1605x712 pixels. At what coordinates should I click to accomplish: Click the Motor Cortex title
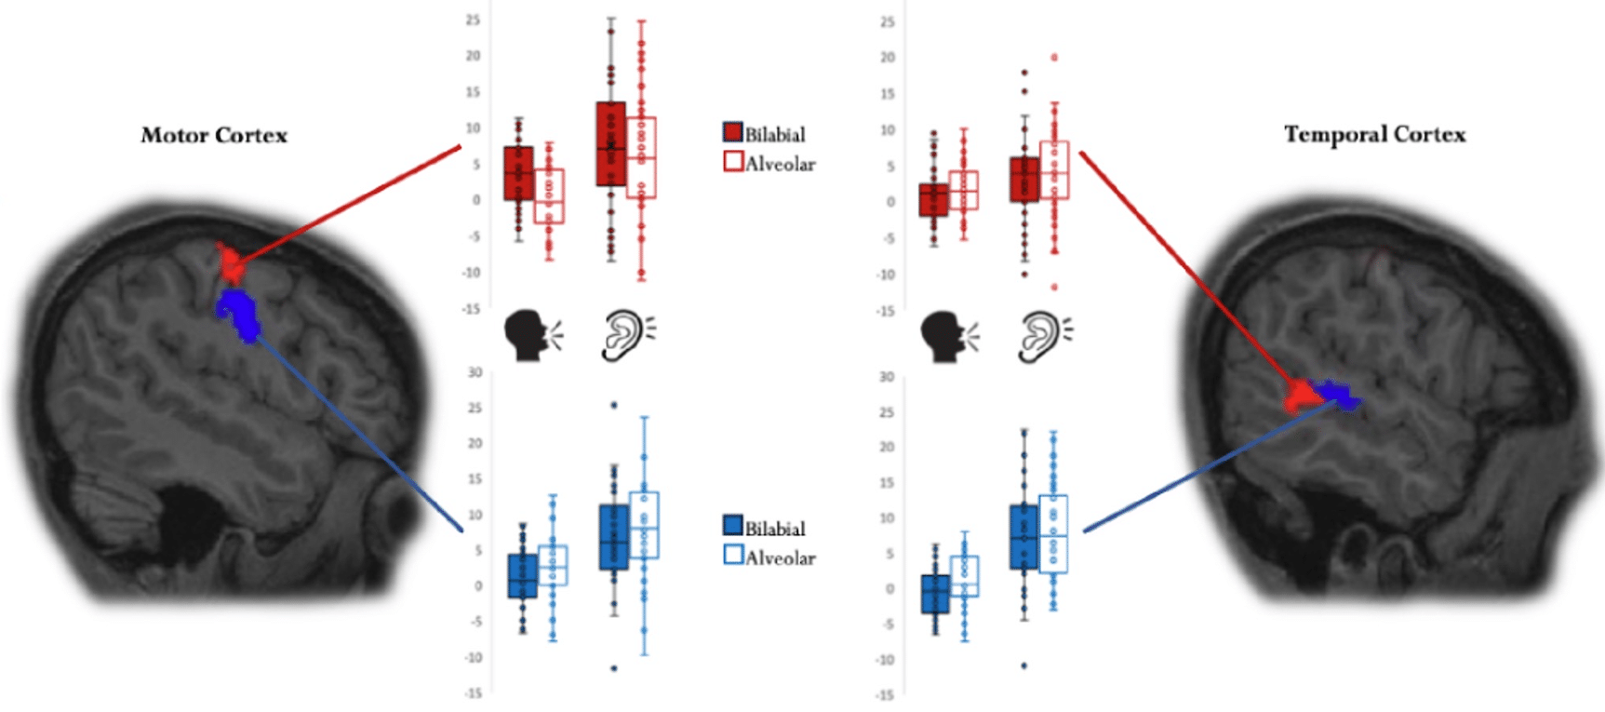(214, 136)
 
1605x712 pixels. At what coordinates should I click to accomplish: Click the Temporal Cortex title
(1374, 135)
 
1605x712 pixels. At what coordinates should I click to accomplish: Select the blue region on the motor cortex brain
(239, 315)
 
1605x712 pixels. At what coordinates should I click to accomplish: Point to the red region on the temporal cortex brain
(1298, 397)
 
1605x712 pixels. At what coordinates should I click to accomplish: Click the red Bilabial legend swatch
(733, 132)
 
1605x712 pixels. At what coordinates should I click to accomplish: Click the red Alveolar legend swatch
(733, 162)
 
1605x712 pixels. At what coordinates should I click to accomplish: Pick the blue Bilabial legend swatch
(733, 526)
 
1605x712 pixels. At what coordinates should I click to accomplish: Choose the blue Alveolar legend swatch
(733, 556)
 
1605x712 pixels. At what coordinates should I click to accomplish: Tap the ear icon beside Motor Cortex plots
(626, 336)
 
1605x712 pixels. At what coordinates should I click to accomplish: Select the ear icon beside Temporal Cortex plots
(1043, 336)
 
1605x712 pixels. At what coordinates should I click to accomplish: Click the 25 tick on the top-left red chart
(474, 20)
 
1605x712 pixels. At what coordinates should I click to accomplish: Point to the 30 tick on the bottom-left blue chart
(475, 372)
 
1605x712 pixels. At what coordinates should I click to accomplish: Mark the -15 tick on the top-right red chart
(886, 311)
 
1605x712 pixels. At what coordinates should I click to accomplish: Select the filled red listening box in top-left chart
(610, 144)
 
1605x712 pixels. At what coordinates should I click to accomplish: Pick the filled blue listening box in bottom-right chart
(1023, 537)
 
